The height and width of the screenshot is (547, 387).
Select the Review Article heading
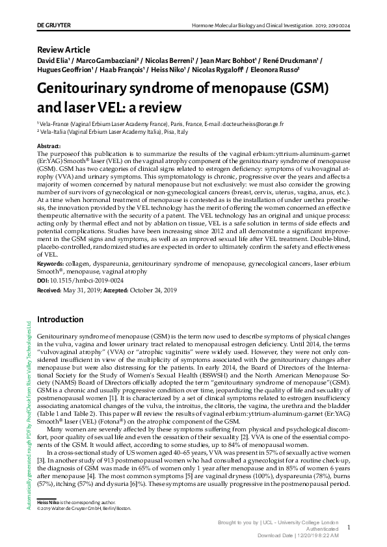(x=63, y=50)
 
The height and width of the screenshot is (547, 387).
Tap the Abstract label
(x=49, y=146)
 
